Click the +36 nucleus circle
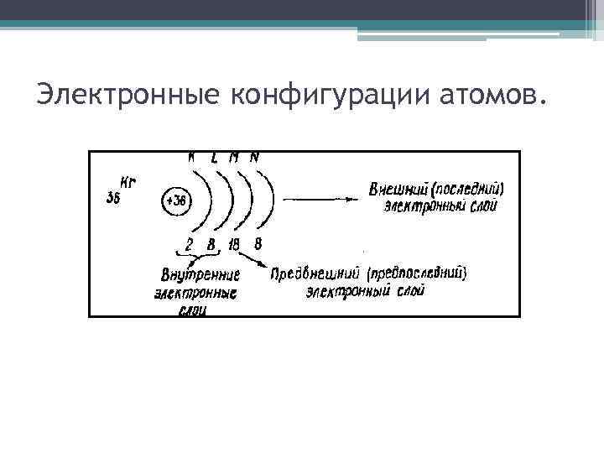pos(177,201)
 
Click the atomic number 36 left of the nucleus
pos(114,198)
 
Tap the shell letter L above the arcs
pos(215,157)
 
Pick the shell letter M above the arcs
pos(234,157)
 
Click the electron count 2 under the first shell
pos(189,244)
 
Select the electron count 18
pos(233,244)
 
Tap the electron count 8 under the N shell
pos(258,244)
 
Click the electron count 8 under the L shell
pos(211,244)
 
